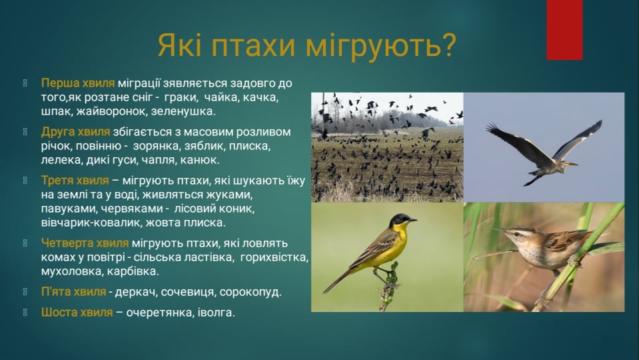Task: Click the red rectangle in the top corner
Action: tap(564, 30)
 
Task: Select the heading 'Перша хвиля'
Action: tap(78, 83)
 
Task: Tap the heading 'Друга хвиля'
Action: tap(77, 132)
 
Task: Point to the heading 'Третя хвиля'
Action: tap(75, 181)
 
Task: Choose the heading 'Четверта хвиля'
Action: tap(85, 243)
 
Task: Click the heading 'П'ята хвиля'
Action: tap(73, 292)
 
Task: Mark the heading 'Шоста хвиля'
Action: tap(77, 312)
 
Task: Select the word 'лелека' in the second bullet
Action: tap(59, 160)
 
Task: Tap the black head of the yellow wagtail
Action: tap(400, 220)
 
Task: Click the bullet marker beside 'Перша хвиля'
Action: tap(25, 83)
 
